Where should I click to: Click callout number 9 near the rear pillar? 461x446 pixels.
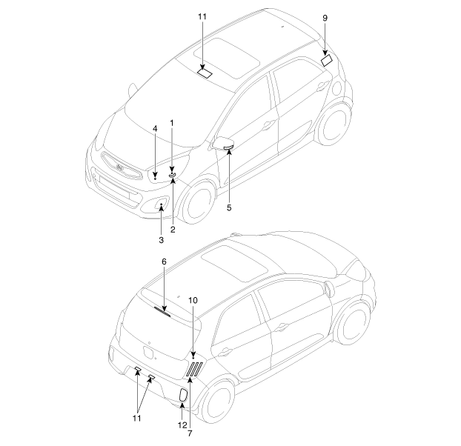click(x=325, y=19)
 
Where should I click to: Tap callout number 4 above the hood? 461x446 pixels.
click(x=155, y=129)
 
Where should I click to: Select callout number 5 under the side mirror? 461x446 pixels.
click(x=229, y=207)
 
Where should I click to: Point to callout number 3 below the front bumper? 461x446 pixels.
click(x=161, y=240)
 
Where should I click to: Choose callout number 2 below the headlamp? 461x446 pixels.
click(x=173, y=230)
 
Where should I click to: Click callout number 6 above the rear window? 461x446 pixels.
click(x=164, y=262)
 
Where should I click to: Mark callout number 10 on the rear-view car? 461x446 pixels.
click(x=193, y=300)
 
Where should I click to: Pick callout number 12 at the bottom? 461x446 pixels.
click(x=182, y=425)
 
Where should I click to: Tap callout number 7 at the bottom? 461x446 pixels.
click(x=190, y=433)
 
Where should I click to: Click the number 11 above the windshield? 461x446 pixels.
click(x=202, y=17)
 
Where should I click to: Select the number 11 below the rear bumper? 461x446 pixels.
click(x=136, y=418)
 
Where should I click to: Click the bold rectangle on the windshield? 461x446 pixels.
click(x=205, y=73)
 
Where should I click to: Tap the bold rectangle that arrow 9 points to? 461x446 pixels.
click(x=327, y=61)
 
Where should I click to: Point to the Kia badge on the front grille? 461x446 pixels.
click(x=119, y=167)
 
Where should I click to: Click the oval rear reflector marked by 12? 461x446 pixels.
click(x=183, y=395)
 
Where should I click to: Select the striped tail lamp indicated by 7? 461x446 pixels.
click(x=194, y=370)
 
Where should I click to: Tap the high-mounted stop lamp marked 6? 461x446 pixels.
click(x=162, y=311)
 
